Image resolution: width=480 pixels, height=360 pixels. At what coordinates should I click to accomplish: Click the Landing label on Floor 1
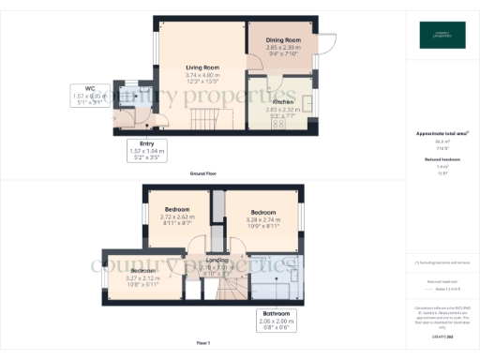(217, 260)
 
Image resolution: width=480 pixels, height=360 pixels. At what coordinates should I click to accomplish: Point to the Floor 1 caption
(203, 344)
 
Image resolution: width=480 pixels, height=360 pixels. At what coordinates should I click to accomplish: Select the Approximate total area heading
(441, 134)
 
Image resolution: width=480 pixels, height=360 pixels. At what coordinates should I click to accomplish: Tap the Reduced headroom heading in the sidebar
(441, 159)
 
